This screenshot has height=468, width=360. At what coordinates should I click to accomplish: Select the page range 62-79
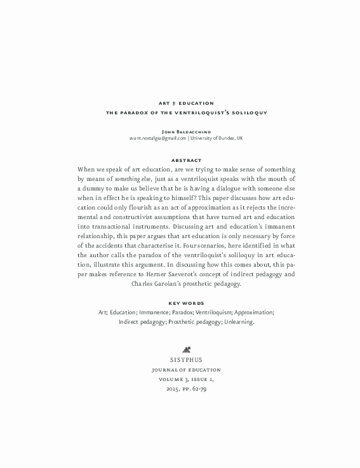197,389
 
